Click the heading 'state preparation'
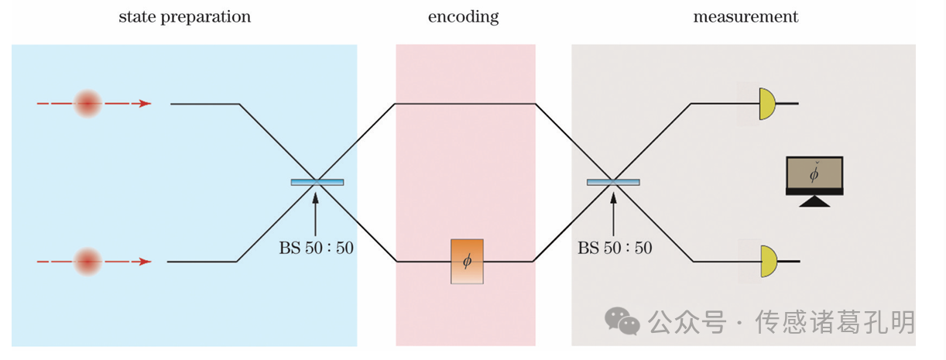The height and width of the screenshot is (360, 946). point(184,16)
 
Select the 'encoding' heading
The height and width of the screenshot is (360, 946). point(464,16)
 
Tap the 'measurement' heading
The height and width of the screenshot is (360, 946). point(745,16)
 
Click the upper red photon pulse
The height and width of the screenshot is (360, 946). point(87,103)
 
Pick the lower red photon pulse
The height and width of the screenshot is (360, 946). point(87,261)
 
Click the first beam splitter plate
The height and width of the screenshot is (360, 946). point(317,182)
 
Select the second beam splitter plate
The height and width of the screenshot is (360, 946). point(613,182)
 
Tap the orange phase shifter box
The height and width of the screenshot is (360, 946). point(467,261)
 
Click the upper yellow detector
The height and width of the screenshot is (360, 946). point(766,103)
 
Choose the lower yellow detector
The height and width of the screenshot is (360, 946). point(766,261)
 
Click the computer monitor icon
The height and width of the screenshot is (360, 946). point(814,180)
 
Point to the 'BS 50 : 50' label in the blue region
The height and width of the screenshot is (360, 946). point(316,249)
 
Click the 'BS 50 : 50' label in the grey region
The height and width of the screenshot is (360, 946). point(615,249)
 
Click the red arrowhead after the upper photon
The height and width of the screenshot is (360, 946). point(145,103)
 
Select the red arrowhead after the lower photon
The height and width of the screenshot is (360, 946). point(145,262)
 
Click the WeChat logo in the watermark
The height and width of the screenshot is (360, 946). point(622,321)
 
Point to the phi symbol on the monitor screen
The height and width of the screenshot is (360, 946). point(814,175)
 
